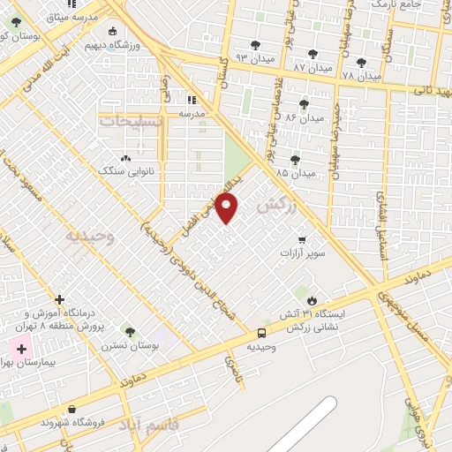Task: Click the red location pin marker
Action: pyautogui.click(x=229, y=208)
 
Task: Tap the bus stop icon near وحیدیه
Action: pyautogui.click(x=262, y=333)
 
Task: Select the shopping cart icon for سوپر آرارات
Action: pyautogui.click(x=302, y=239)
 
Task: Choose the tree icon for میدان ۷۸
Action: pyautogui.click(x=360, y=63)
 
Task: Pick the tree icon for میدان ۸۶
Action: pyautogui.click(x=305, y=104)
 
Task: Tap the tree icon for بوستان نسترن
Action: pyautogui.click(x=131, y=332)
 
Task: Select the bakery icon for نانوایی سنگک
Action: pyautogui.click(x=124, y=159)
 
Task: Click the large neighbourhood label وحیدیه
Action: pyautogui.click(x=91, y=237)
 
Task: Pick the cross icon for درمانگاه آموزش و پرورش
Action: pyautogui.click(x=59, y=300)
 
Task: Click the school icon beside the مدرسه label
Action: pyautogui.click(x=191, y=99)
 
